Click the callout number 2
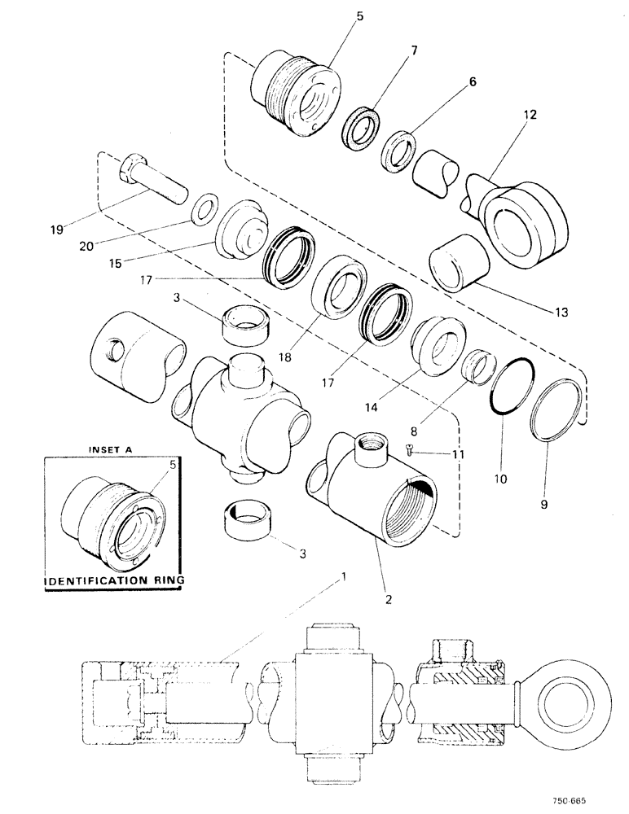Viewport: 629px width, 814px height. [x=388, y=601]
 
